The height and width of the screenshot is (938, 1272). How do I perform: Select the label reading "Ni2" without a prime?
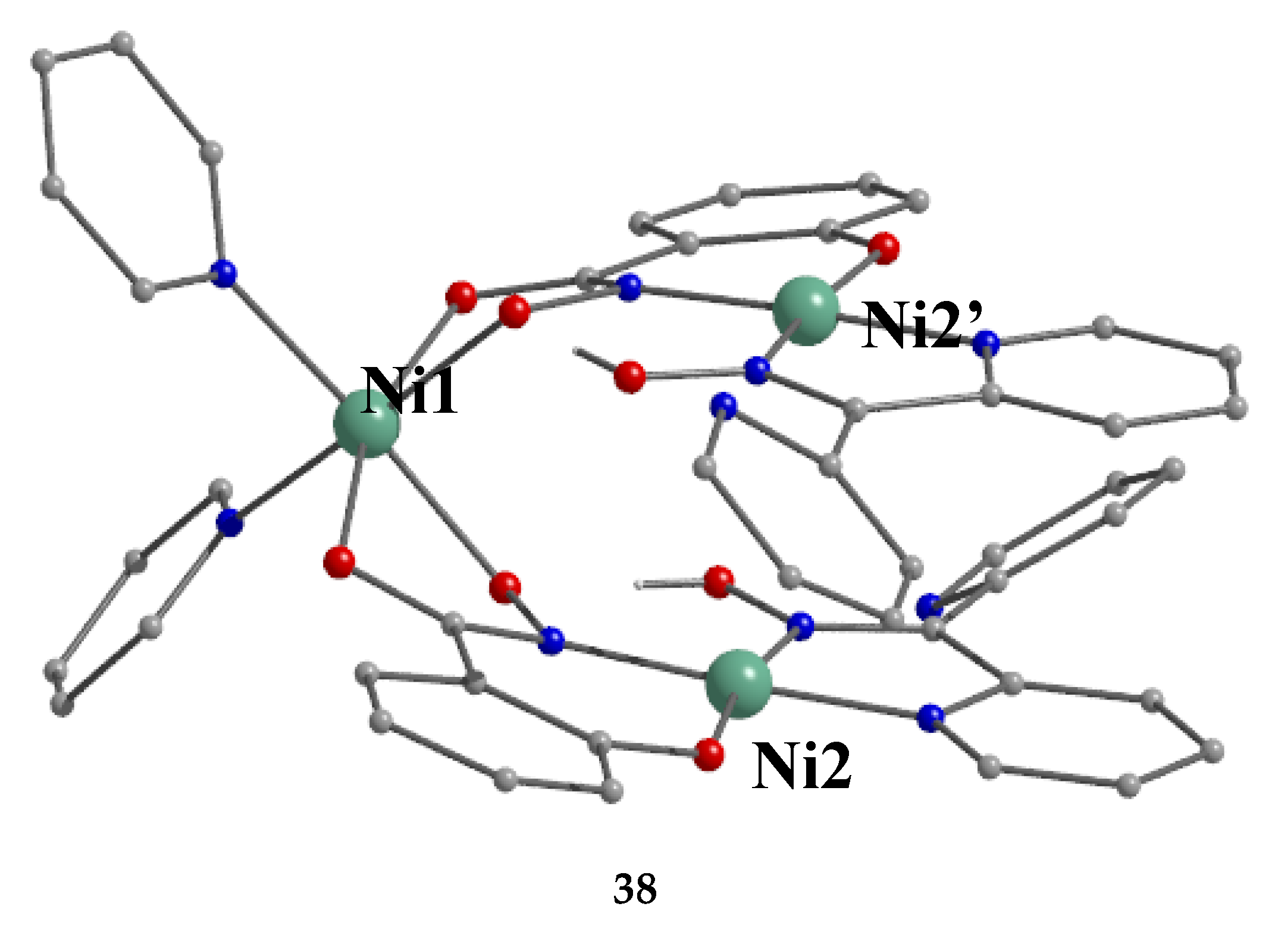[801, 767]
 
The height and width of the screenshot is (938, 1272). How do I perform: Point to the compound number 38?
[635, 889]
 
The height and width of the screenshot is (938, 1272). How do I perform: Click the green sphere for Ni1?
[366, 423]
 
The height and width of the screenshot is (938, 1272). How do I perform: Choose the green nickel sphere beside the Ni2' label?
[806, 310]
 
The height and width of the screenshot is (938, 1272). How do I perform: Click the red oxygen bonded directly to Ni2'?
[883, 248]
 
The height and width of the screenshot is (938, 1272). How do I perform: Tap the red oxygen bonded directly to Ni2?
[709, 754]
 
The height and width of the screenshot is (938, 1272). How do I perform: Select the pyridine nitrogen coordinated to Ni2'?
[986, 343]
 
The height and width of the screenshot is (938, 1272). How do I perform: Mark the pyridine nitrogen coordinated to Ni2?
[930, 717]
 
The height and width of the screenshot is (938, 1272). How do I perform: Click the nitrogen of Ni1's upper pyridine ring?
[224, 274]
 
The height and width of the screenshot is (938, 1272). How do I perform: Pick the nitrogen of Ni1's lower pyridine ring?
[230, 523]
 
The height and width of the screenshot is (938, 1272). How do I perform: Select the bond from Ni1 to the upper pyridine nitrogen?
[292, 345]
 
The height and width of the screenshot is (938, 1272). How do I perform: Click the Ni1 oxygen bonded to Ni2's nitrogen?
[505, 588]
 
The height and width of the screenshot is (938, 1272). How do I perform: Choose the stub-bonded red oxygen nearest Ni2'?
[629, 377]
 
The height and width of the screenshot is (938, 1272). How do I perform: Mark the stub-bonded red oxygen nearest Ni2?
[719, 581]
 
